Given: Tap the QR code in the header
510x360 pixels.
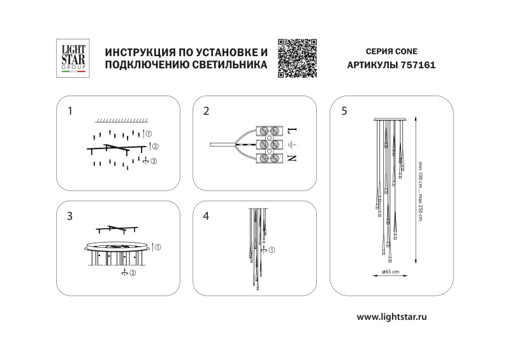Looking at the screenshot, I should [x=298, y=58].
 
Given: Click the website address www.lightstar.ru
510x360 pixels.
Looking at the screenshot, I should [x=391, y=317].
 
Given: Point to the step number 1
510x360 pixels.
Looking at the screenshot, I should [x=70, y=111].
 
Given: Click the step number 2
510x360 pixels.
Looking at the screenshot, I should [x=206, y=111].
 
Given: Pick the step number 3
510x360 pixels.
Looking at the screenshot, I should [x=70, y=216].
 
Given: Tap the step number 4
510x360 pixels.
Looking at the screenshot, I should [x=206, y=216].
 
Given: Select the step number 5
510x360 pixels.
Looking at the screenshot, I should [x=344, y=111].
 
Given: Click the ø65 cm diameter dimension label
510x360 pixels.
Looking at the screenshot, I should [x=391, y=272].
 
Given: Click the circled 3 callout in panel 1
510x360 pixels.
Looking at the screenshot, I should [x=153, y=161].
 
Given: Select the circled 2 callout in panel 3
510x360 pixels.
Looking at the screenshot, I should [x=133, y=274].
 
